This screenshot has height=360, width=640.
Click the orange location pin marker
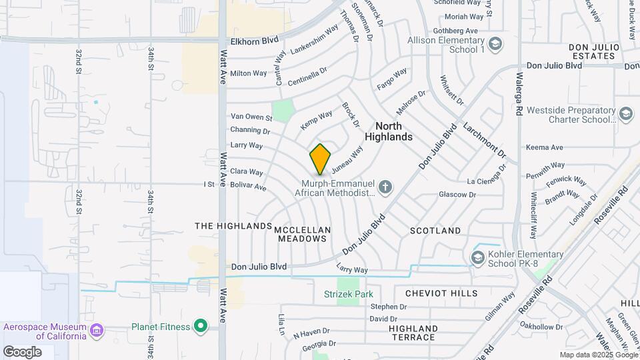pos(320,159)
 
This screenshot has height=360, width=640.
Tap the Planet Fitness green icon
pos(199,326)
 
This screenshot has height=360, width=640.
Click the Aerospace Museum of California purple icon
pos(97,330)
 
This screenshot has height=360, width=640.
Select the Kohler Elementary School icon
pos(477,257)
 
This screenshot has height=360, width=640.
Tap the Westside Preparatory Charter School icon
pos(625,115)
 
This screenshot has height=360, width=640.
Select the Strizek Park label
pos(348,294)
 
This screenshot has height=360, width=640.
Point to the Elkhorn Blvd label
pos(254,41)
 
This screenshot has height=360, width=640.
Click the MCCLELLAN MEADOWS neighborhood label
pos(303,233)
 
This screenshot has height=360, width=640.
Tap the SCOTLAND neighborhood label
pos(435,231)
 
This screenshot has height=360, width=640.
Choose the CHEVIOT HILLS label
pos(441,293)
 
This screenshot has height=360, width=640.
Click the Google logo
pos(22,352)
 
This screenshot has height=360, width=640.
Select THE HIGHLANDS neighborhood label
pos(233,227)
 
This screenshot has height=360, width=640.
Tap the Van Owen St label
pos(251,118)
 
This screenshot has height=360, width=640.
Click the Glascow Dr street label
pos(457,195)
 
